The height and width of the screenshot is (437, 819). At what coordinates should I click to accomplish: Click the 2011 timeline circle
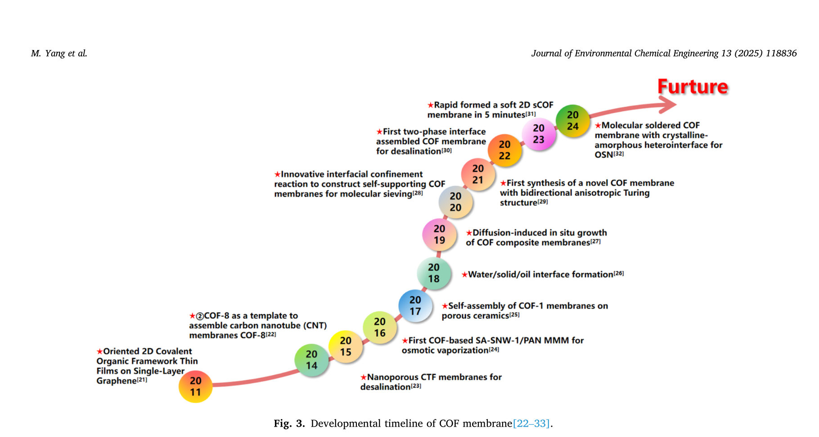click(195, 387)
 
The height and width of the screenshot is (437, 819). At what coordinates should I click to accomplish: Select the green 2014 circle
click(311, 360)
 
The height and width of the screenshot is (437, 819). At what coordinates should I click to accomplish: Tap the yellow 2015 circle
click(346, 346)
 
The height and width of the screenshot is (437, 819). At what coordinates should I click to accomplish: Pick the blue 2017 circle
click(415, 305)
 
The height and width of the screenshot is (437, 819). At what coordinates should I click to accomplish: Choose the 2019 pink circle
click(439, 234)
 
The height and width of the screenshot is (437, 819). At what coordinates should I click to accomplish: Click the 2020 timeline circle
click(455, 202)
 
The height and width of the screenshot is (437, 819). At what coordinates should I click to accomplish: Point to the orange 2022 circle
click(504, 150)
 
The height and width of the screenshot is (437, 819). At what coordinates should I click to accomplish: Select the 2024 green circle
click(572, 121)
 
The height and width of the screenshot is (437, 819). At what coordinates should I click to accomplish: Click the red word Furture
click(693, 86)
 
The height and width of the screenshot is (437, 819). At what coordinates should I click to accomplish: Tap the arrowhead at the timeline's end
click(669, 105)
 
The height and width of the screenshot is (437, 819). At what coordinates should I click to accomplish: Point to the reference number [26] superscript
click(619, 273)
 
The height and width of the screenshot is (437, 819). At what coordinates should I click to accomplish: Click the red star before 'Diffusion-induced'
click(469, 233)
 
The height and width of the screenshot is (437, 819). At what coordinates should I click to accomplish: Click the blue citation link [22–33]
click(531, 423)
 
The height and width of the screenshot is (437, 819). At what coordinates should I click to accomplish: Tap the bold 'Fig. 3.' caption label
click(289, 423)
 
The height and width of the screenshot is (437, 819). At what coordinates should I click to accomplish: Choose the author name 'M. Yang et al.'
click(59, 53)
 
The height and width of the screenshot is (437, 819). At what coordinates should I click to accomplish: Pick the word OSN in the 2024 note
click(603, 155)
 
